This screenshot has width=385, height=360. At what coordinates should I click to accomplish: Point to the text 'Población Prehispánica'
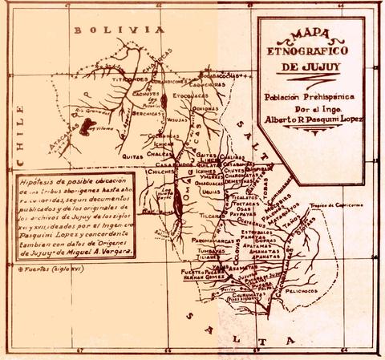312,93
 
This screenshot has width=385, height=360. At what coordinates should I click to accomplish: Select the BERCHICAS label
146,113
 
